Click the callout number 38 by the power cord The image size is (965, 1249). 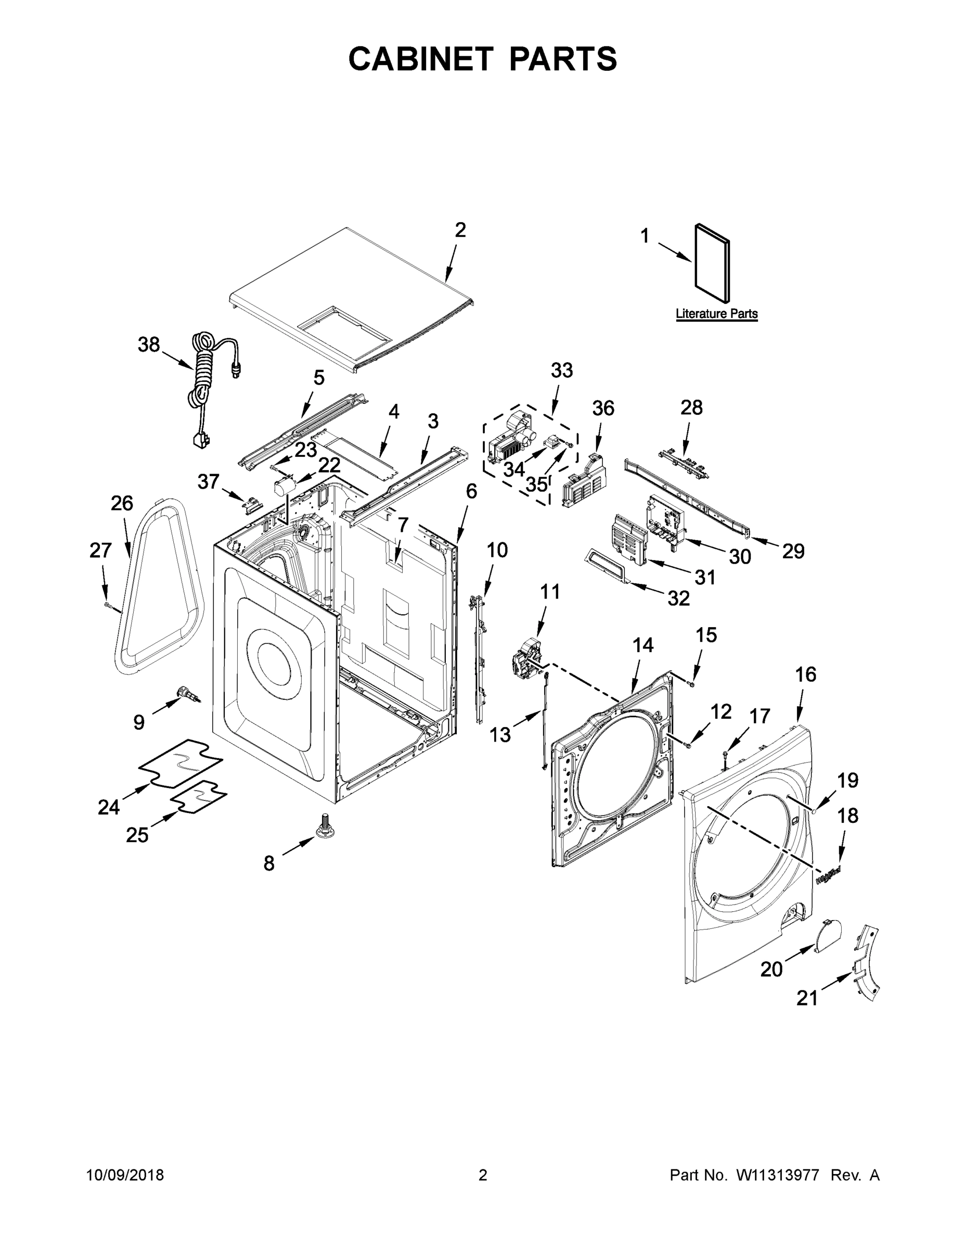pos(149,345)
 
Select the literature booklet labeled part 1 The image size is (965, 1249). pos(712,263)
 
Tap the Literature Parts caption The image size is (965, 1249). pos(716,313)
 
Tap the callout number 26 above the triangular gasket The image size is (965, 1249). pos(122,503)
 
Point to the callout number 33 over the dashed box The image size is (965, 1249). pos(561,370)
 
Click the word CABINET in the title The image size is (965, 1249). pos(421,58)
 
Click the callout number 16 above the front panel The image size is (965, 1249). pos(805,674)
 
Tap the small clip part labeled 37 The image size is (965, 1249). pos(252,504)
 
